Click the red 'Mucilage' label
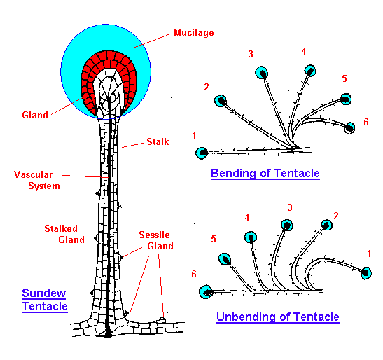tap(194, 32)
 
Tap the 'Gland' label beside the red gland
tap(35, 115)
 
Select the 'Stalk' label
tap(158, 141)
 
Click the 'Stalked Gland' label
tap(64, 234)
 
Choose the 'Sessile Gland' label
tap(156, 240)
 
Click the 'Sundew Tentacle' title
tap(44, 300)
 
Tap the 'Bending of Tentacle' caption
tap(265, 173)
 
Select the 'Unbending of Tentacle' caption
tap(278, 317)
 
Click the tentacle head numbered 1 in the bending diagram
tap(202, 153)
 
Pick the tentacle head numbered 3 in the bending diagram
tap(261, 73)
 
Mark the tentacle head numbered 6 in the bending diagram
tap(350, 127)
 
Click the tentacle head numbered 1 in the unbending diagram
tap(366, 273)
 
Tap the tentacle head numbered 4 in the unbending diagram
tap(251, 237)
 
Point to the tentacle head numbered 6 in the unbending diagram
tap(206, 292)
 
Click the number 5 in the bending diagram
tap(344, 78)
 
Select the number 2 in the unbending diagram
tap(336, 216)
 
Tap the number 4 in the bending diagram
tap(304, 51)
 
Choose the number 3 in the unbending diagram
tap(290, 207)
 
